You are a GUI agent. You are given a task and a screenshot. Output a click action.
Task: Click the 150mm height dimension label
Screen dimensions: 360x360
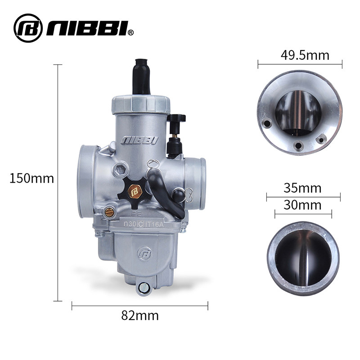[31, 178]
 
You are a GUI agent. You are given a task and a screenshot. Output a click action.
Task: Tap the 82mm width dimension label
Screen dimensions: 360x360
[140, 315]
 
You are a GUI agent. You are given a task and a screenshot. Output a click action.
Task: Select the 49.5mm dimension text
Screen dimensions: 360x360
[305, 55]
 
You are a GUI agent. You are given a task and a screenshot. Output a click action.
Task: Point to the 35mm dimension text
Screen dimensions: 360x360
[302, 188]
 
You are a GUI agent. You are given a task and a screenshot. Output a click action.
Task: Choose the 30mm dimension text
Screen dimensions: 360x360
[302, 205]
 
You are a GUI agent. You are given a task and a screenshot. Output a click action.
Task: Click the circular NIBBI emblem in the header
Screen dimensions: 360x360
[28, 28]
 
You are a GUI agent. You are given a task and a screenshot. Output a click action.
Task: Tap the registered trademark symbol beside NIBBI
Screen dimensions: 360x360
[130, 32]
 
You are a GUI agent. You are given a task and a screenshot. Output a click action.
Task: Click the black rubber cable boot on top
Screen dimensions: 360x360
[141, 76]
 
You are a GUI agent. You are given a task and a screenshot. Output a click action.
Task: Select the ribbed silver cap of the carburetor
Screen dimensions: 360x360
[141, 104]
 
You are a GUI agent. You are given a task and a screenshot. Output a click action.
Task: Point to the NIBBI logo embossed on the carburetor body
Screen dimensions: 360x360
[139, 140]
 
